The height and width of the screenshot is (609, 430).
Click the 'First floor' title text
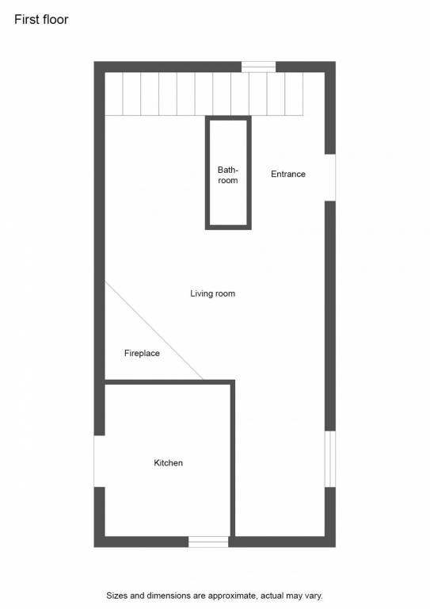41,19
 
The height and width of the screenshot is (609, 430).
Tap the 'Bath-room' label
228,175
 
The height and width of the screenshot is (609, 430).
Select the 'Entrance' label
288,174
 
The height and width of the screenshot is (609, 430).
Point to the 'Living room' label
212,293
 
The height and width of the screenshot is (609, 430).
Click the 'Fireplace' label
142,353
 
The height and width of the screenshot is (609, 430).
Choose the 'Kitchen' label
168,463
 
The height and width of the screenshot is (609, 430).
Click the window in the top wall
259,67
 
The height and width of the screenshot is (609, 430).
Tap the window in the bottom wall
208,542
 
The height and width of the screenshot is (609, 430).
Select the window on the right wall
330,458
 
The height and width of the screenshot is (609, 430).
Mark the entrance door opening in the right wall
330,178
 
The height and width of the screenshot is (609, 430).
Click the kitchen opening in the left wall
99,461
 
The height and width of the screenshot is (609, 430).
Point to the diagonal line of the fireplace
154,331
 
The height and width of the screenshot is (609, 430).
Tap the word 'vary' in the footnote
314,596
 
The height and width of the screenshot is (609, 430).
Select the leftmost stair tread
114,94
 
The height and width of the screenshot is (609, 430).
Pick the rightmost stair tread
294,94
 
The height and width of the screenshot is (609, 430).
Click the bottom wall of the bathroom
228,228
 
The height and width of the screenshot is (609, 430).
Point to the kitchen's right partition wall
233,458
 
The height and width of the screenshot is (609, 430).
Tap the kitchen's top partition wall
169,382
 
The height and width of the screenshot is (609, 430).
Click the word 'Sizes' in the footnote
116,596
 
